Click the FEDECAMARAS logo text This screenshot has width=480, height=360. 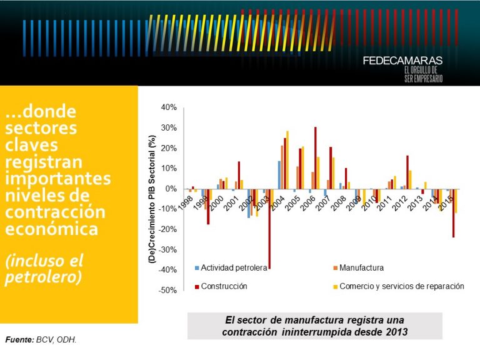coord(402,61)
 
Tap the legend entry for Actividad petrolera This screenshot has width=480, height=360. coord(231,267)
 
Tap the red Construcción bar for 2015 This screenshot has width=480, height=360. coord(454,213)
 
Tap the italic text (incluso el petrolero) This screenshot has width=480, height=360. coord(44,269)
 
